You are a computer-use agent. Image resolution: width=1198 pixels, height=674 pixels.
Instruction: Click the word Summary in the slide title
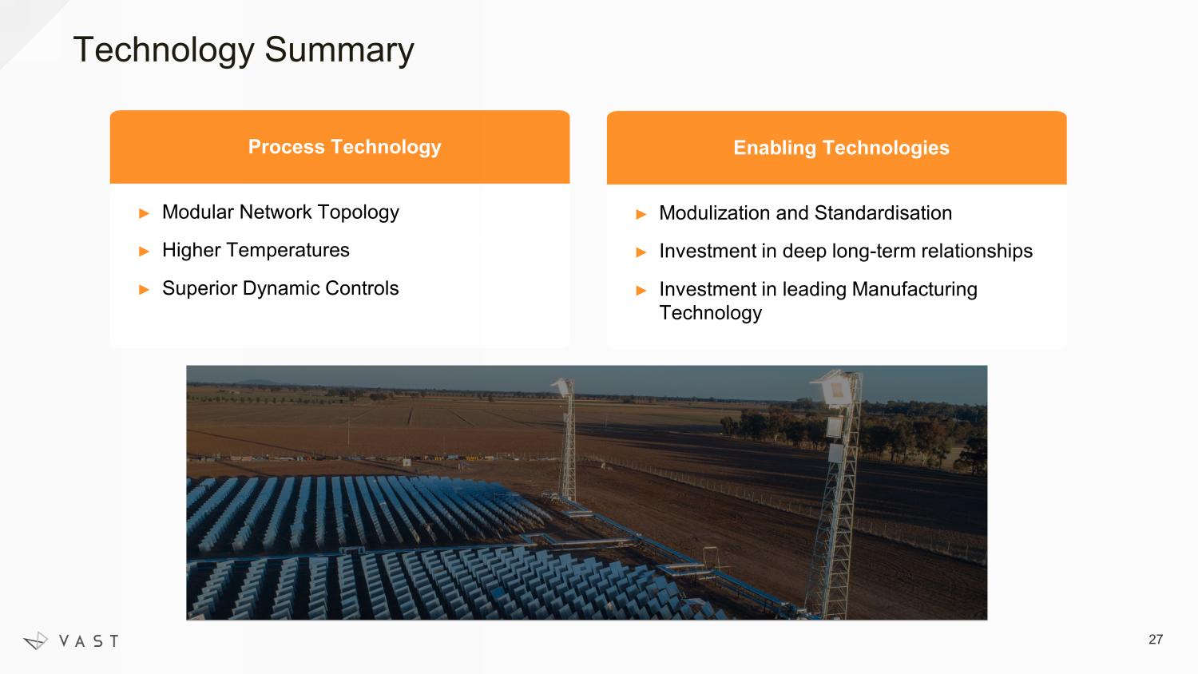coord(339,50)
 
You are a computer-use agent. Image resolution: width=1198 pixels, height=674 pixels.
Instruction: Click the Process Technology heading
coord(344,147)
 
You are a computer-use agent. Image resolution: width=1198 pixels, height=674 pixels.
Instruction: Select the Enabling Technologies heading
coord(841,148)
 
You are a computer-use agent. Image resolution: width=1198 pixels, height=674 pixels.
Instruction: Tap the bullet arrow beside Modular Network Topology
coord(144,213)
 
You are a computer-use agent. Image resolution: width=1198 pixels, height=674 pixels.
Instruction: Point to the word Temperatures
coord(288,250)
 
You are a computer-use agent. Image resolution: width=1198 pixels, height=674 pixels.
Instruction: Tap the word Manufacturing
coord(914,289)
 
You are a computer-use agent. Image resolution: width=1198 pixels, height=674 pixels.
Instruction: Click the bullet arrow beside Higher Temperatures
coord(144,252)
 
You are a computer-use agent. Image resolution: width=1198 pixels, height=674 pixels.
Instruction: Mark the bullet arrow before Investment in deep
coord(641,252)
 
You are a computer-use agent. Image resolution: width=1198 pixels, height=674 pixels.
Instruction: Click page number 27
coord(1155,639)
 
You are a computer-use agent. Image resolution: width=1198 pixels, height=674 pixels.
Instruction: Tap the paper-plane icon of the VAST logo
coord(36,640)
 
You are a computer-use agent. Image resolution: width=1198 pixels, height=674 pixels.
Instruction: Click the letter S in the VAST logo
coord(98,640)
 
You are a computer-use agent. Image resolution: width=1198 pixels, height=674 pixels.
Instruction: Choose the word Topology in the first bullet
coord(359,213)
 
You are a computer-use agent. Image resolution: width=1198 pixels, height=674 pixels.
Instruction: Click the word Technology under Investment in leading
coord(710,313)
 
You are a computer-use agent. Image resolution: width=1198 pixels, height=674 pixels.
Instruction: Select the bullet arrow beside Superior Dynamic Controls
coord(144,290)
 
